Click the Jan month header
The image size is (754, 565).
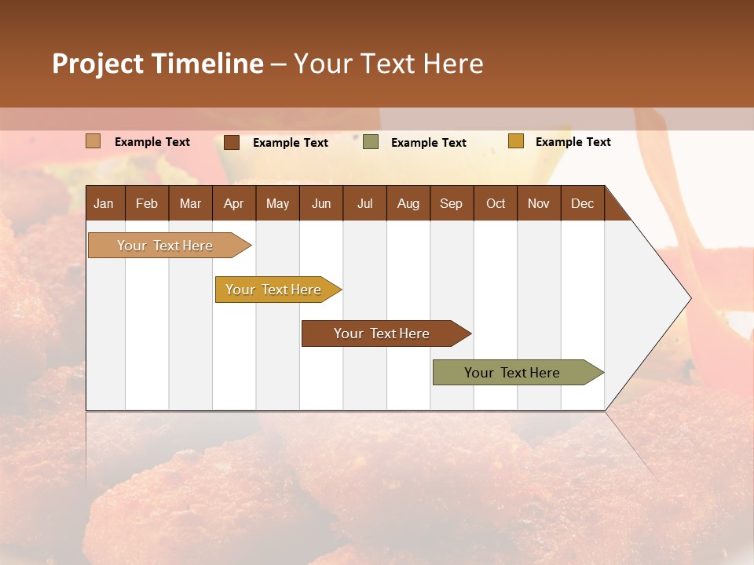[x=104, y=204]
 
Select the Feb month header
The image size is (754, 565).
[x=147, y=204]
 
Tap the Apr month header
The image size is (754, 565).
[x=233, y=204]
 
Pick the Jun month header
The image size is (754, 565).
[x=321, y=204]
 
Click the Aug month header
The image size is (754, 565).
[x=408, y=204]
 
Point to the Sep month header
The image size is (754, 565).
[x=451, y=204]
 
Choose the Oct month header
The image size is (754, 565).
[x=496, y=204]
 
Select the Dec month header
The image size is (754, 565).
[x=582, y=204]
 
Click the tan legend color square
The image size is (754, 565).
[x=93, y=141]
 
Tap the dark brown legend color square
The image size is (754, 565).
[x=231, y=142]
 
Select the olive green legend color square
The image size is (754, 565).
[x=371, y=142]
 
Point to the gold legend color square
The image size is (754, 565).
[x=515, y=141]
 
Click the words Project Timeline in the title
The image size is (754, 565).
[x=158, y=64]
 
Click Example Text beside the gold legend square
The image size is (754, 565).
[x=573, y=142]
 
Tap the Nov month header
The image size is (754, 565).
[x=538, y=204]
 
